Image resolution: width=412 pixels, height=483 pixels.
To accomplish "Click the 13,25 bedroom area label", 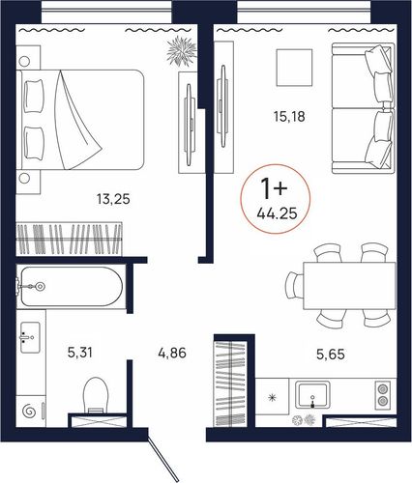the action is [113, 199].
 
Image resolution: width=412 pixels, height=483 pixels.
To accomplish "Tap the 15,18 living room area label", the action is [289, 117].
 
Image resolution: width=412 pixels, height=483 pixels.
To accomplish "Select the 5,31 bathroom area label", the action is [80, 353].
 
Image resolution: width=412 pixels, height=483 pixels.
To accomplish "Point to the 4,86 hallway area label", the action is [172, 353].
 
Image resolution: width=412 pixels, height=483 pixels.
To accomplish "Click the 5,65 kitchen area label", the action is [331, 355].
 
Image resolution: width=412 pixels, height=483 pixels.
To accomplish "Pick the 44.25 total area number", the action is [277, 213].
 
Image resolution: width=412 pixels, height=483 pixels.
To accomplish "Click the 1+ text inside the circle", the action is [274, 188].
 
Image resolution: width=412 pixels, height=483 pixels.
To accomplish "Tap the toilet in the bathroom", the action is [95, 395].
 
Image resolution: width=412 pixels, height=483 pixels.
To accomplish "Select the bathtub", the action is [72, 286].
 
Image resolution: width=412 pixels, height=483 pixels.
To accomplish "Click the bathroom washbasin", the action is [30, 337].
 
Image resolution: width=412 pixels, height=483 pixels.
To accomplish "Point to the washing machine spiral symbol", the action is [28, 411].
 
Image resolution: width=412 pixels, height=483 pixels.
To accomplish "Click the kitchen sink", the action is [312, 395].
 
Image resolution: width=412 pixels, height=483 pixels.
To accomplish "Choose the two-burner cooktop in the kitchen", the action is [383, 396].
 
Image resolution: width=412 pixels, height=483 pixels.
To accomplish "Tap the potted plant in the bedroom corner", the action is [182, 51].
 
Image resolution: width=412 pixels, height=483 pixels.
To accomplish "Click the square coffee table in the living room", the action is [294, 68].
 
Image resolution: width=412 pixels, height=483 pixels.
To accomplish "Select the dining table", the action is [349, 286].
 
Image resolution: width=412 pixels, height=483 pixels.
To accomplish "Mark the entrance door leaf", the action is [163, 455].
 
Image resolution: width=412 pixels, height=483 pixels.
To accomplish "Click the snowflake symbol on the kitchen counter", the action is [273, 398].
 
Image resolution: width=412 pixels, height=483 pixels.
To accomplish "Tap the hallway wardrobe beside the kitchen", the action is [231, 384].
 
